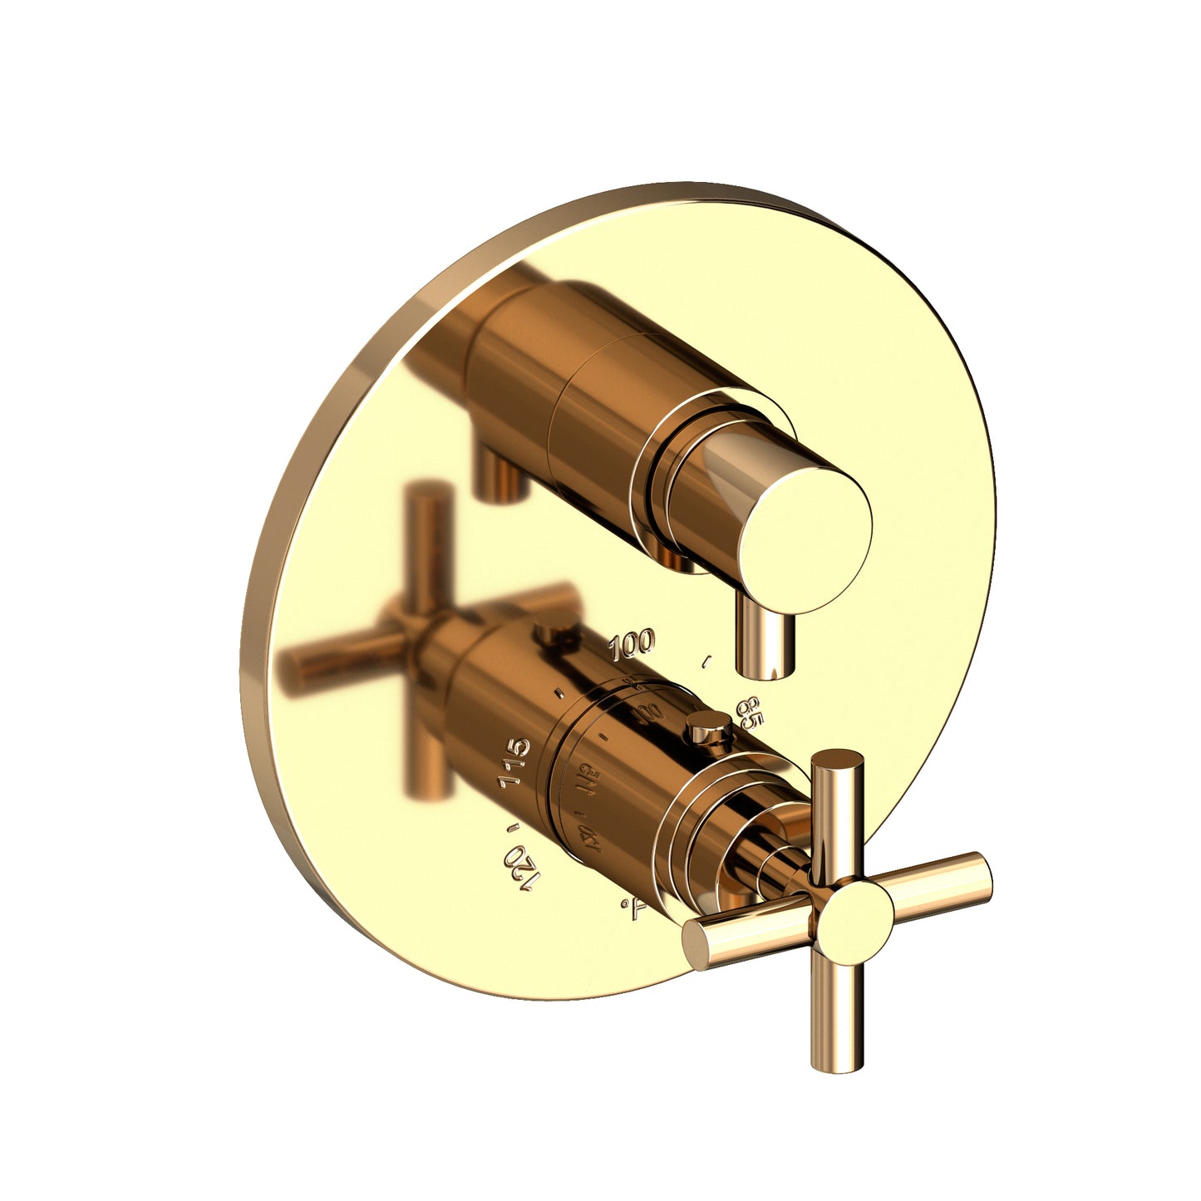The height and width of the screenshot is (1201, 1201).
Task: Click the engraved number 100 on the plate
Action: (x=632, y=643)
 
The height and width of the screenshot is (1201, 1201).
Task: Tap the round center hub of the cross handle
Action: (x=854, y=913)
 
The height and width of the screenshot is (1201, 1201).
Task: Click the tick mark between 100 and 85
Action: (x=707, y=662)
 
